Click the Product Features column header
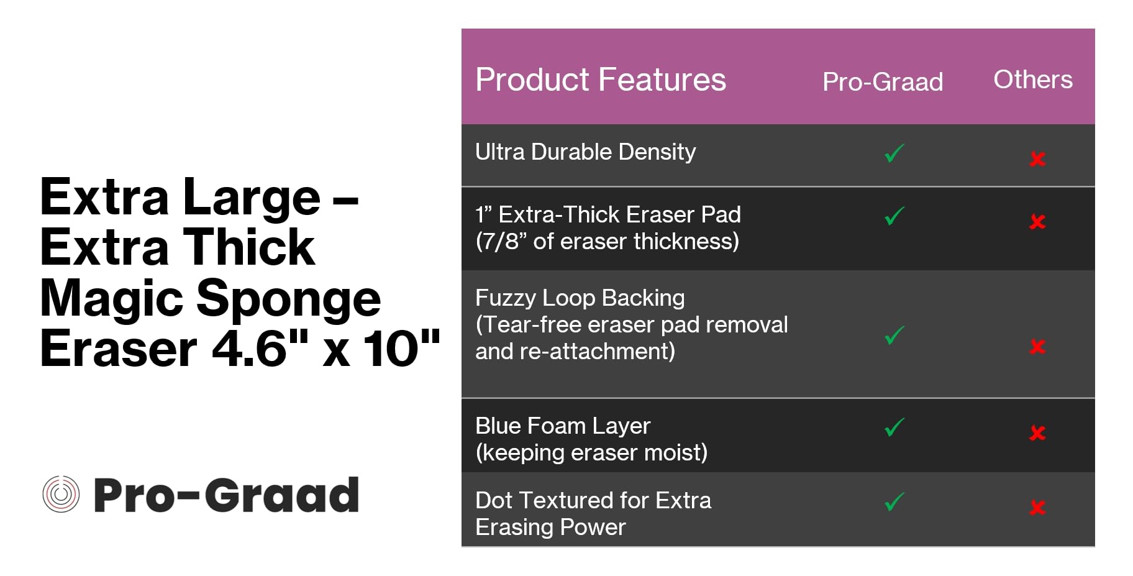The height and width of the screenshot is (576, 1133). tap(601, 80)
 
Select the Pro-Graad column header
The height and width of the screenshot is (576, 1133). tap(883, 82)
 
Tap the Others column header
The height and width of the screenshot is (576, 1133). tap(1033, 80)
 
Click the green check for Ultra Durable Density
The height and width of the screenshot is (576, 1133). tap(894, 153)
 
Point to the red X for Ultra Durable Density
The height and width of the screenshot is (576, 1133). tap(1037, 159)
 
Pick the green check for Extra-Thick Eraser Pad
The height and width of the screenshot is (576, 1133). tap(894, 216)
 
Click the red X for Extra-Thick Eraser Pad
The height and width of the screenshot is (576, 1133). tap(1037, 222)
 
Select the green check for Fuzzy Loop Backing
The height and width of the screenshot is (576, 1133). tap(894, 335)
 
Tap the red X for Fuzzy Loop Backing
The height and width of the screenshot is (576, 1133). tap(1037, 347)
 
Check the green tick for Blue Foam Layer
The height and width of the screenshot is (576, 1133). tap(894, 427)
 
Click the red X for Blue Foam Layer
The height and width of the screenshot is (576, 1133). tap(1037, 433)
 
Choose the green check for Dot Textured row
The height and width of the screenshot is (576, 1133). tap(894, 501)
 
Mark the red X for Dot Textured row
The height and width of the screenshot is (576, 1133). tap(1037, 508)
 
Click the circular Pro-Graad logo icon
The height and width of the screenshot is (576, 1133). tap(61, 495)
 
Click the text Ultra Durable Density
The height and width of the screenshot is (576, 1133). tap(585, 152)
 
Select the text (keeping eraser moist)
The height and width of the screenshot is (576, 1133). tap(591, 453)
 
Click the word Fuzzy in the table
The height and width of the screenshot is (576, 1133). tap(506, 299)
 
